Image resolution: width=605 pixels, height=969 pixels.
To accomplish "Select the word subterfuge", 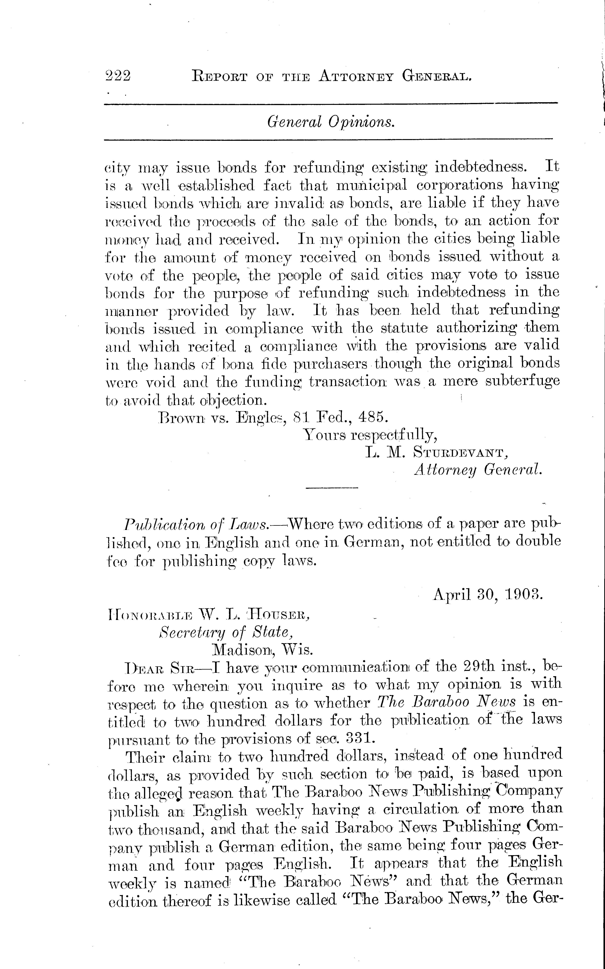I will click(522, 381).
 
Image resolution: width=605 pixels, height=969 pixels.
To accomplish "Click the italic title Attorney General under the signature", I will click(478, 470).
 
